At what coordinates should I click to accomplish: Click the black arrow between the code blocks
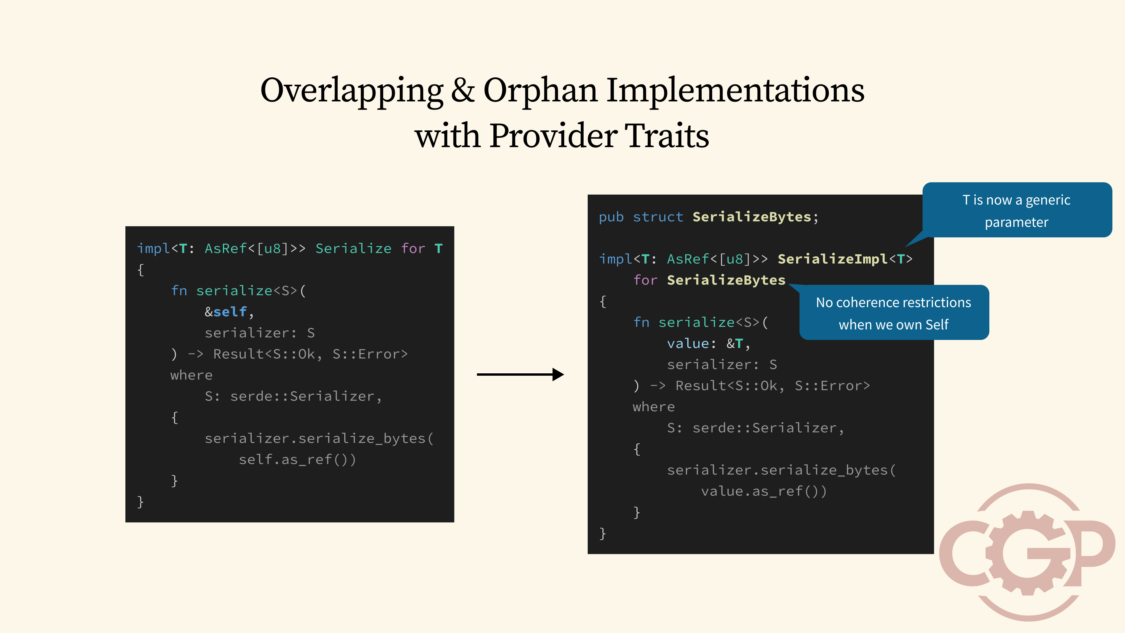pos(520,375)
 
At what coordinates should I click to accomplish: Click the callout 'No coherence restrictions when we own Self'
pos(894,313)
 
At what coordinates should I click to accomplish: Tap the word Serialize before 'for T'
pos(353,249)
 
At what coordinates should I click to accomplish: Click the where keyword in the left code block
pos(191,375)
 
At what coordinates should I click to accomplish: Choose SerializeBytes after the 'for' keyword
pos(726,280)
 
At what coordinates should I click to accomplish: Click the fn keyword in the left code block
pos(179,290)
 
